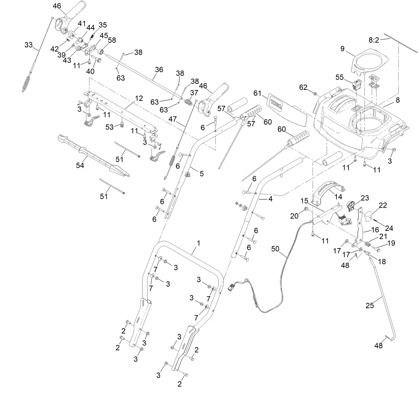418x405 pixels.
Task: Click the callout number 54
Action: click(80, 165)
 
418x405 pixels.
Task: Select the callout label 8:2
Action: click(373, 40)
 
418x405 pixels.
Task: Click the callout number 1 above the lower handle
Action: click(198, 243)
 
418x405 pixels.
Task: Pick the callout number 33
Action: click(29, 45)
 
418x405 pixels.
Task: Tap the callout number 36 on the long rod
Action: click(159, 69)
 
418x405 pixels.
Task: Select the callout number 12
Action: click(139, 98)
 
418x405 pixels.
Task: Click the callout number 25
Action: click(369, 305)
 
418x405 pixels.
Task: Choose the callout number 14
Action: click(338, 196)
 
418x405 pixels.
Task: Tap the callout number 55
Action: click(339, 77)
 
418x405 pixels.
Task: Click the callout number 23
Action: click(365, 198)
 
